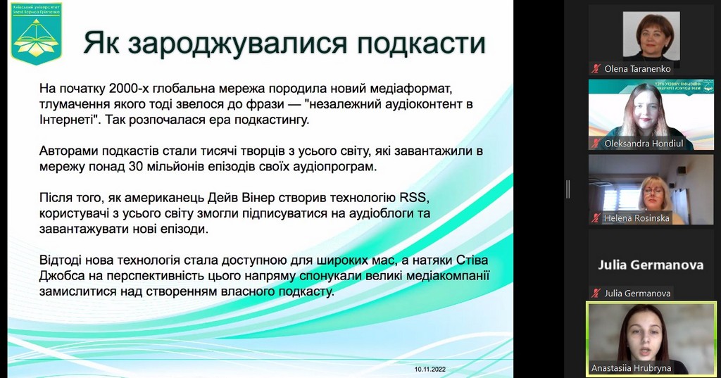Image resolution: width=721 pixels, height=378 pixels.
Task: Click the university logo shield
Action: (37, 33)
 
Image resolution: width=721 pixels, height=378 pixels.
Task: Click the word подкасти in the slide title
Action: (421, 43)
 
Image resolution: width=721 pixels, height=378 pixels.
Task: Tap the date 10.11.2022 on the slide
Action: (430, 369)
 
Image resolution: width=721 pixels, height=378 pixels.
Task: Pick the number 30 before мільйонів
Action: (136, 166)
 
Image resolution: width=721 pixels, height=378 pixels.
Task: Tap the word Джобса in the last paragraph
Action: (62, 275)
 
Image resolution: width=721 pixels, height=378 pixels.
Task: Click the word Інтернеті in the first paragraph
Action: (70, 120)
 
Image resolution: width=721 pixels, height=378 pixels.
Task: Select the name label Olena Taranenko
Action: (637, 69)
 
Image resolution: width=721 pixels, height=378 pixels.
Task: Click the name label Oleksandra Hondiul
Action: (644, 144)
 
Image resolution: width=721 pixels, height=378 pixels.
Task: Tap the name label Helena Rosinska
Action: (637, 218)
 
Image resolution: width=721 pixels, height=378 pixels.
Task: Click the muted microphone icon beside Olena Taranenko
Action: (596, 69)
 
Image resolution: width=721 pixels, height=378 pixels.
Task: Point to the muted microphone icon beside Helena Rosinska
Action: (596, 218)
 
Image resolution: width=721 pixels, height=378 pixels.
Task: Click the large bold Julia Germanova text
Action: (651, 265)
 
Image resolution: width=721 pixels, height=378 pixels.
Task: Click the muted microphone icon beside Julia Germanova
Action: (596, 293)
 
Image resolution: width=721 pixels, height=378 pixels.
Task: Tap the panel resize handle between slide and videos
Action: (568, 189)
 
